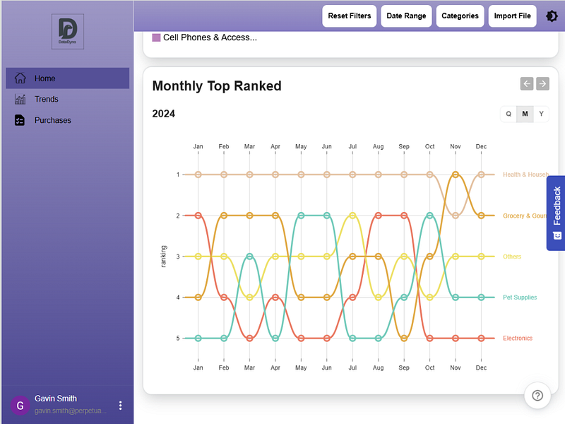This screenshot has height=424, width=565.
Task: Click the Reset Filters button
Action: pyautogui.click(x=349, y=16)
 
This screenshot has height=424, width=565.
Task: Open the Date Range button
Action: pyautogui.click(x=406, y=16)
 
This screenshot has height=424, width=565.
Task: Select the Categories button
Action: pyautogui.click(x=460, y=16)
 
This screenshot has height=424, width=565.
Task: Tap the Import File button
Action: pyautogui.click(x=512, y=16)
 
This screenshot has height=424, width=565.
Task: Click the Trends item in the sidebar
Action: pyautogui.click(x=47, y=99)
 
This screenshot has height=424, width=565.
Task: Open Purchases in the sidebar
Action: pyautogui.click(x=53, y=120)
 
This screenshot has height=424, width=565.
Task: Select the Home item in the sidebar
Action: pyautogui.click(x=44, y=78)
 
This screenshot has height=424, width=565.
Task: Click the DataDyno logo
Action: pyautogui.click(x=68, y=32)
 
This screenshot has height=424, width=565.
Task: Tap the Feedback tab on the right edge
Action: pyautogui.click(x=556, y=213)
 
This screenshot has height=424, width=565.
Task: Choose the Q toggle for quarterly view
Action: pyautogui.click(x=509, y=114)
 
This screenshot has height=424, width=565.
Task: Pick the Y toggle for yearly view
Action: pyautogui.click(x=541, y=114)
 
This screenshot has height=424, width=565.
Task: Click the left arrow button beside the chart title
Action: pyautogui.click(x=527, y=84)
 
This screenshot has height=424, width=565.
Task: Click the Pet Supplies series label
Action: pyautogui.click(x=520, y=298)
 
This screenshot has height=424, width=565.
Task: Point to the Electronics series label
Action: pyautogui.click(x=518, y=338)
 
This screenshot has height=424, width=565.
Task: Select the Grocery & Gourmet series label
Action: pyautogui.click(x=525, y=216)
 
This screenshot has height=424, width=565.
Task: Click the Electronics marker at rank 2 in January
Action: pyautogui.click(x=198, y=216)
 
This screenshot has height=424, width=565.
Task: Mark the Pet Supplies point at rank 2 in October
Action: pyautogui.click(x=430, y=216)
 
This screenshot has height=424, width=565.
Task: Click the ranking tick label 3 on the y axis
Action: pyautogui.click(x=178, y=257)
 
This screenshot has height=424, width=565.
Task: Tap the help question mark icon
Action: pyautogui.click(x=537, y=395)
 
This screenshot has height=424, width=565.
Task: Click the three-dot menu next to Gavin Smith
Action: pyautogui.click(x=121, y=406)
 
